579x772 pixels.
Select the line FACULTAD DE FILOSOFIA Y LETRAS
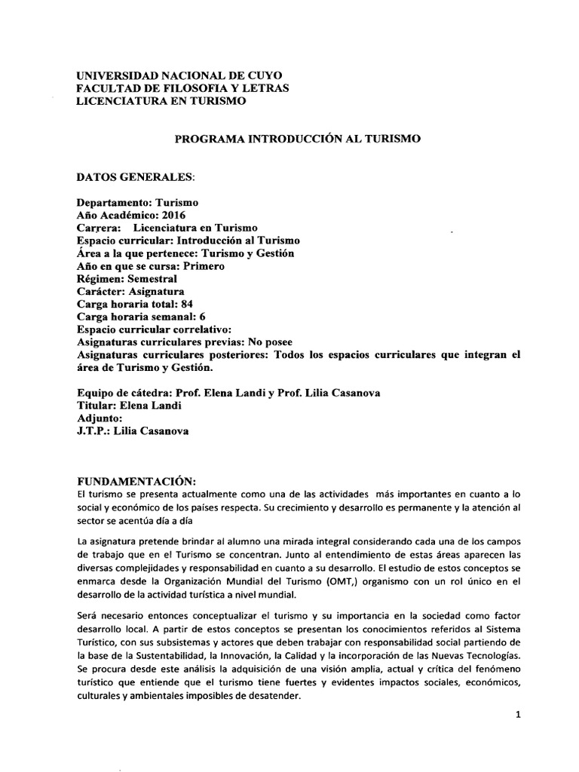coord(183,89)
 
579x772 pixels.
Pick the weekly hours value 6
coord(203,317)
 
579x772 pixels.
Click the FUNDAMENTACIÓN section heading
coord(136,482)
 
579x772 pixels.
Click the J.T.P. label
coord(94,431)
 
